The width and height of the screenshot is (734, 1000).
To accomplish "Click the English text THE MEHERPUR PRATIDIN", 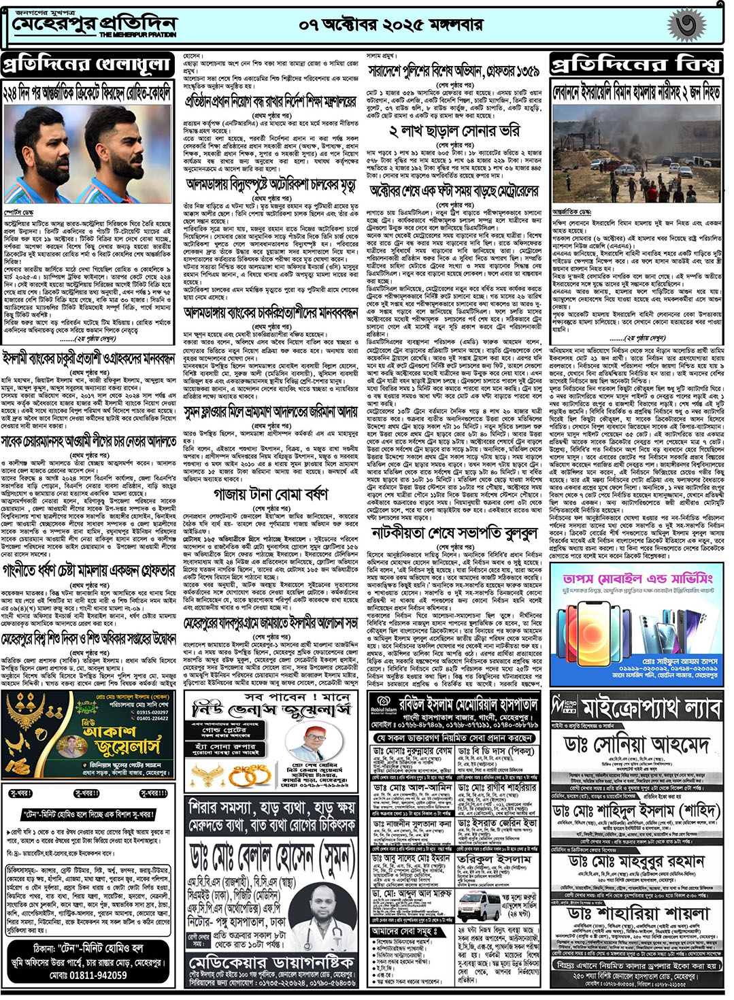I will click(138, 34).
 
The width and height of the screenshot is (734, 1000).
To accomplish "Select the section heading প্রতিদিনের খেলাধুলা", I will click(87, 65).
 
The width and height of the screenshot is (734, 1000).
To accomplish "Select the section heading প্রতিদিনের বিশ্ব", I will click(635, 65).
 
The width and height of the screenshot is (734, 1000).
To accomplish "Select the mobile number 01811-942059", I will click(88, 975).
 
